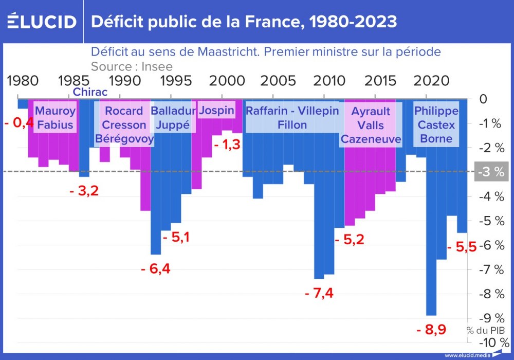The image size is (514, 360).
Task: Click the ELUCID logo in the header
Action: click(x=42, y=21)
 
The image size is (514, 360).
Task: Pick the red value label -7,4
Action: click(x=319, y=293)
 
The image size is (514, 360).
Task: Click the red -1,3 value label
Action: click(x=227, y=145)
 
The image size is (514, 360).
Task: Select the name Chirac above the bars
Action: click(x=90, y=92)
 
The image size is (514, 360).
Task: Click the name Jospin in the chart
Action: click(x=216, y=111)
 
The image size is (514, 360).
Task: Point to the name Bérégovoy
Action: click(x=124, y=139)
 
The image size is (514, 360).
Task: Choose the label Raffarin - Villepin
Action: click(x=292, y=111)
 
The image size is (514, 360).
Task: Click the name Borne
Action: click(x=436, y=138)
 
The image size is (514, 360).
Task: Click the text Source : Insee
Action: click(x=132, y=66)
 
